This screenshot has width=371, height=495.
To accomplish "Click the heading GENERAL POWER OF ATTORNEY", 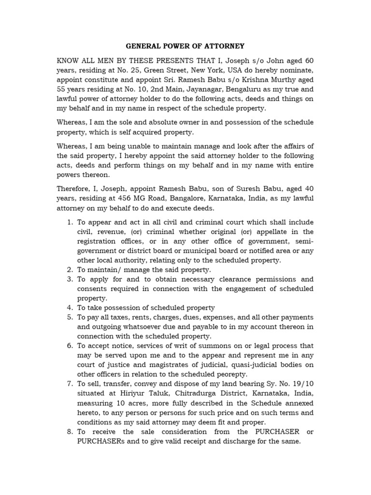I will [185, 46].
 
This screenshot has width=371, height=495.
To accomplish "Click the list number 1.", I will [70, 222].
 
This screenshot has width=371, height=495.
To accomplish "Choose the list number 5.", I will [70, 318].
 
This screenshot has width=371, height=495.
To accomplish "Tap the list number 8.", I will [70, 432].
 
